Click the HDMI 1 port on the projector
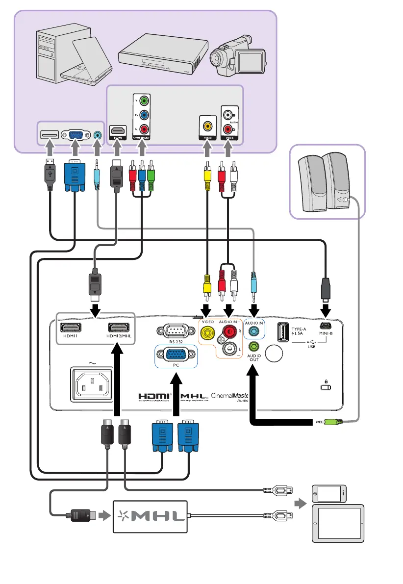click(x=71, y=328)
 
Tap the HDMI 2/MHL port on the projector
click(x=118, y=328)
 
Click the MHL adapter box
click(x=151, y=516)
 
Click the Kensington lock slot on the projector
click(x=325, y=387)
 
